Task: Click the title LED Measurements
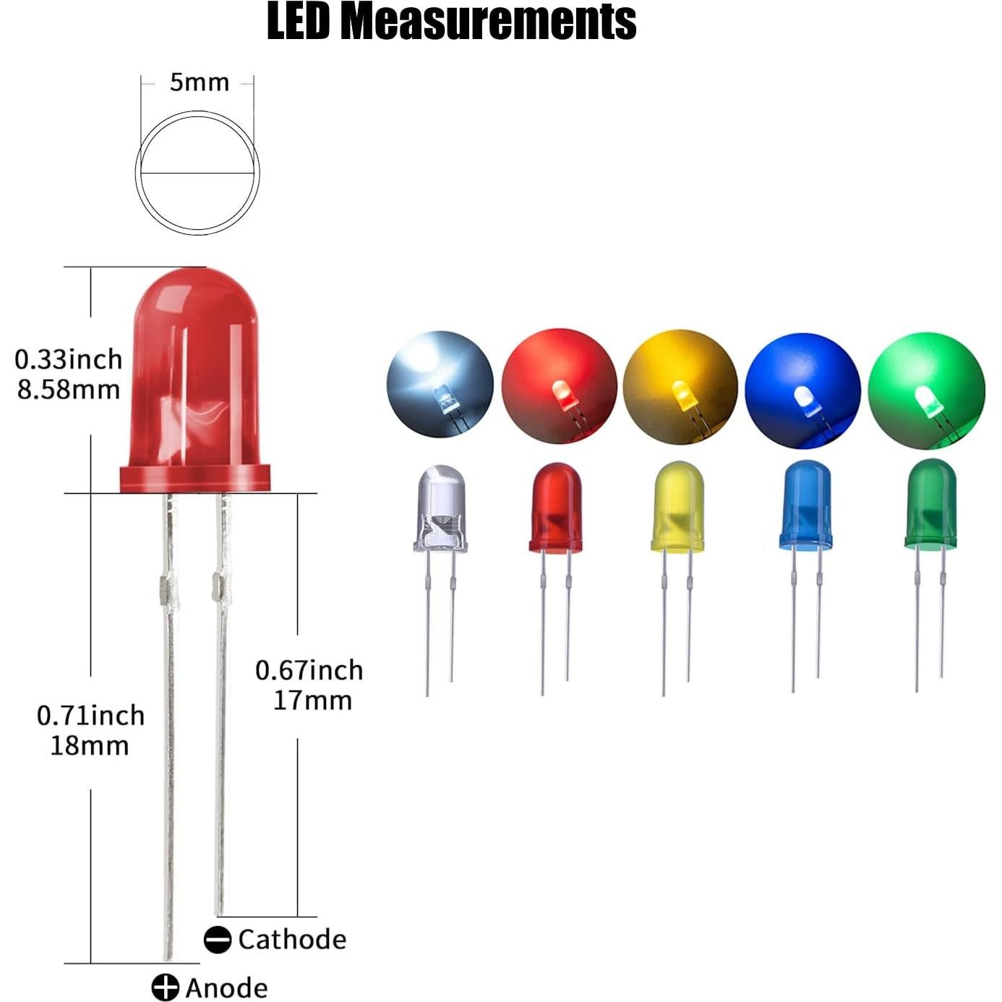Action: click(451, 22)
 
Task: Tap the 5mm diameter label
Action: click(199, 82)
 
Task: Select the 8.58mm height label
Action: click(69, 390)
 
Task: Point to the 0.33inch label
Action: click(69, 359)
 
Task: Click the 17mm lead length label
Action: click(312, 701)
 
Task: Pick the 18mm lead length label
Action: click(90, 745)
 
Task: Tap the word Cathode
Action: click(292, 939)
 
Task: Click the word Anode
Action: click(226, 988)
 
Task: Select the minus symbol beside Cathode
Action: click(217, 940)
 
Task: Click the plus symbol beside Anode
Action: click(165, 988)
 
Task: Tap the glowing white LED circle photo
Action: click(440, 385)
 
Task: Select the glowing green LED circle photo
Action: click(926, 391)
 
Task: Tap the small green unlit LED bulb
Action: click(930, 503)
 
